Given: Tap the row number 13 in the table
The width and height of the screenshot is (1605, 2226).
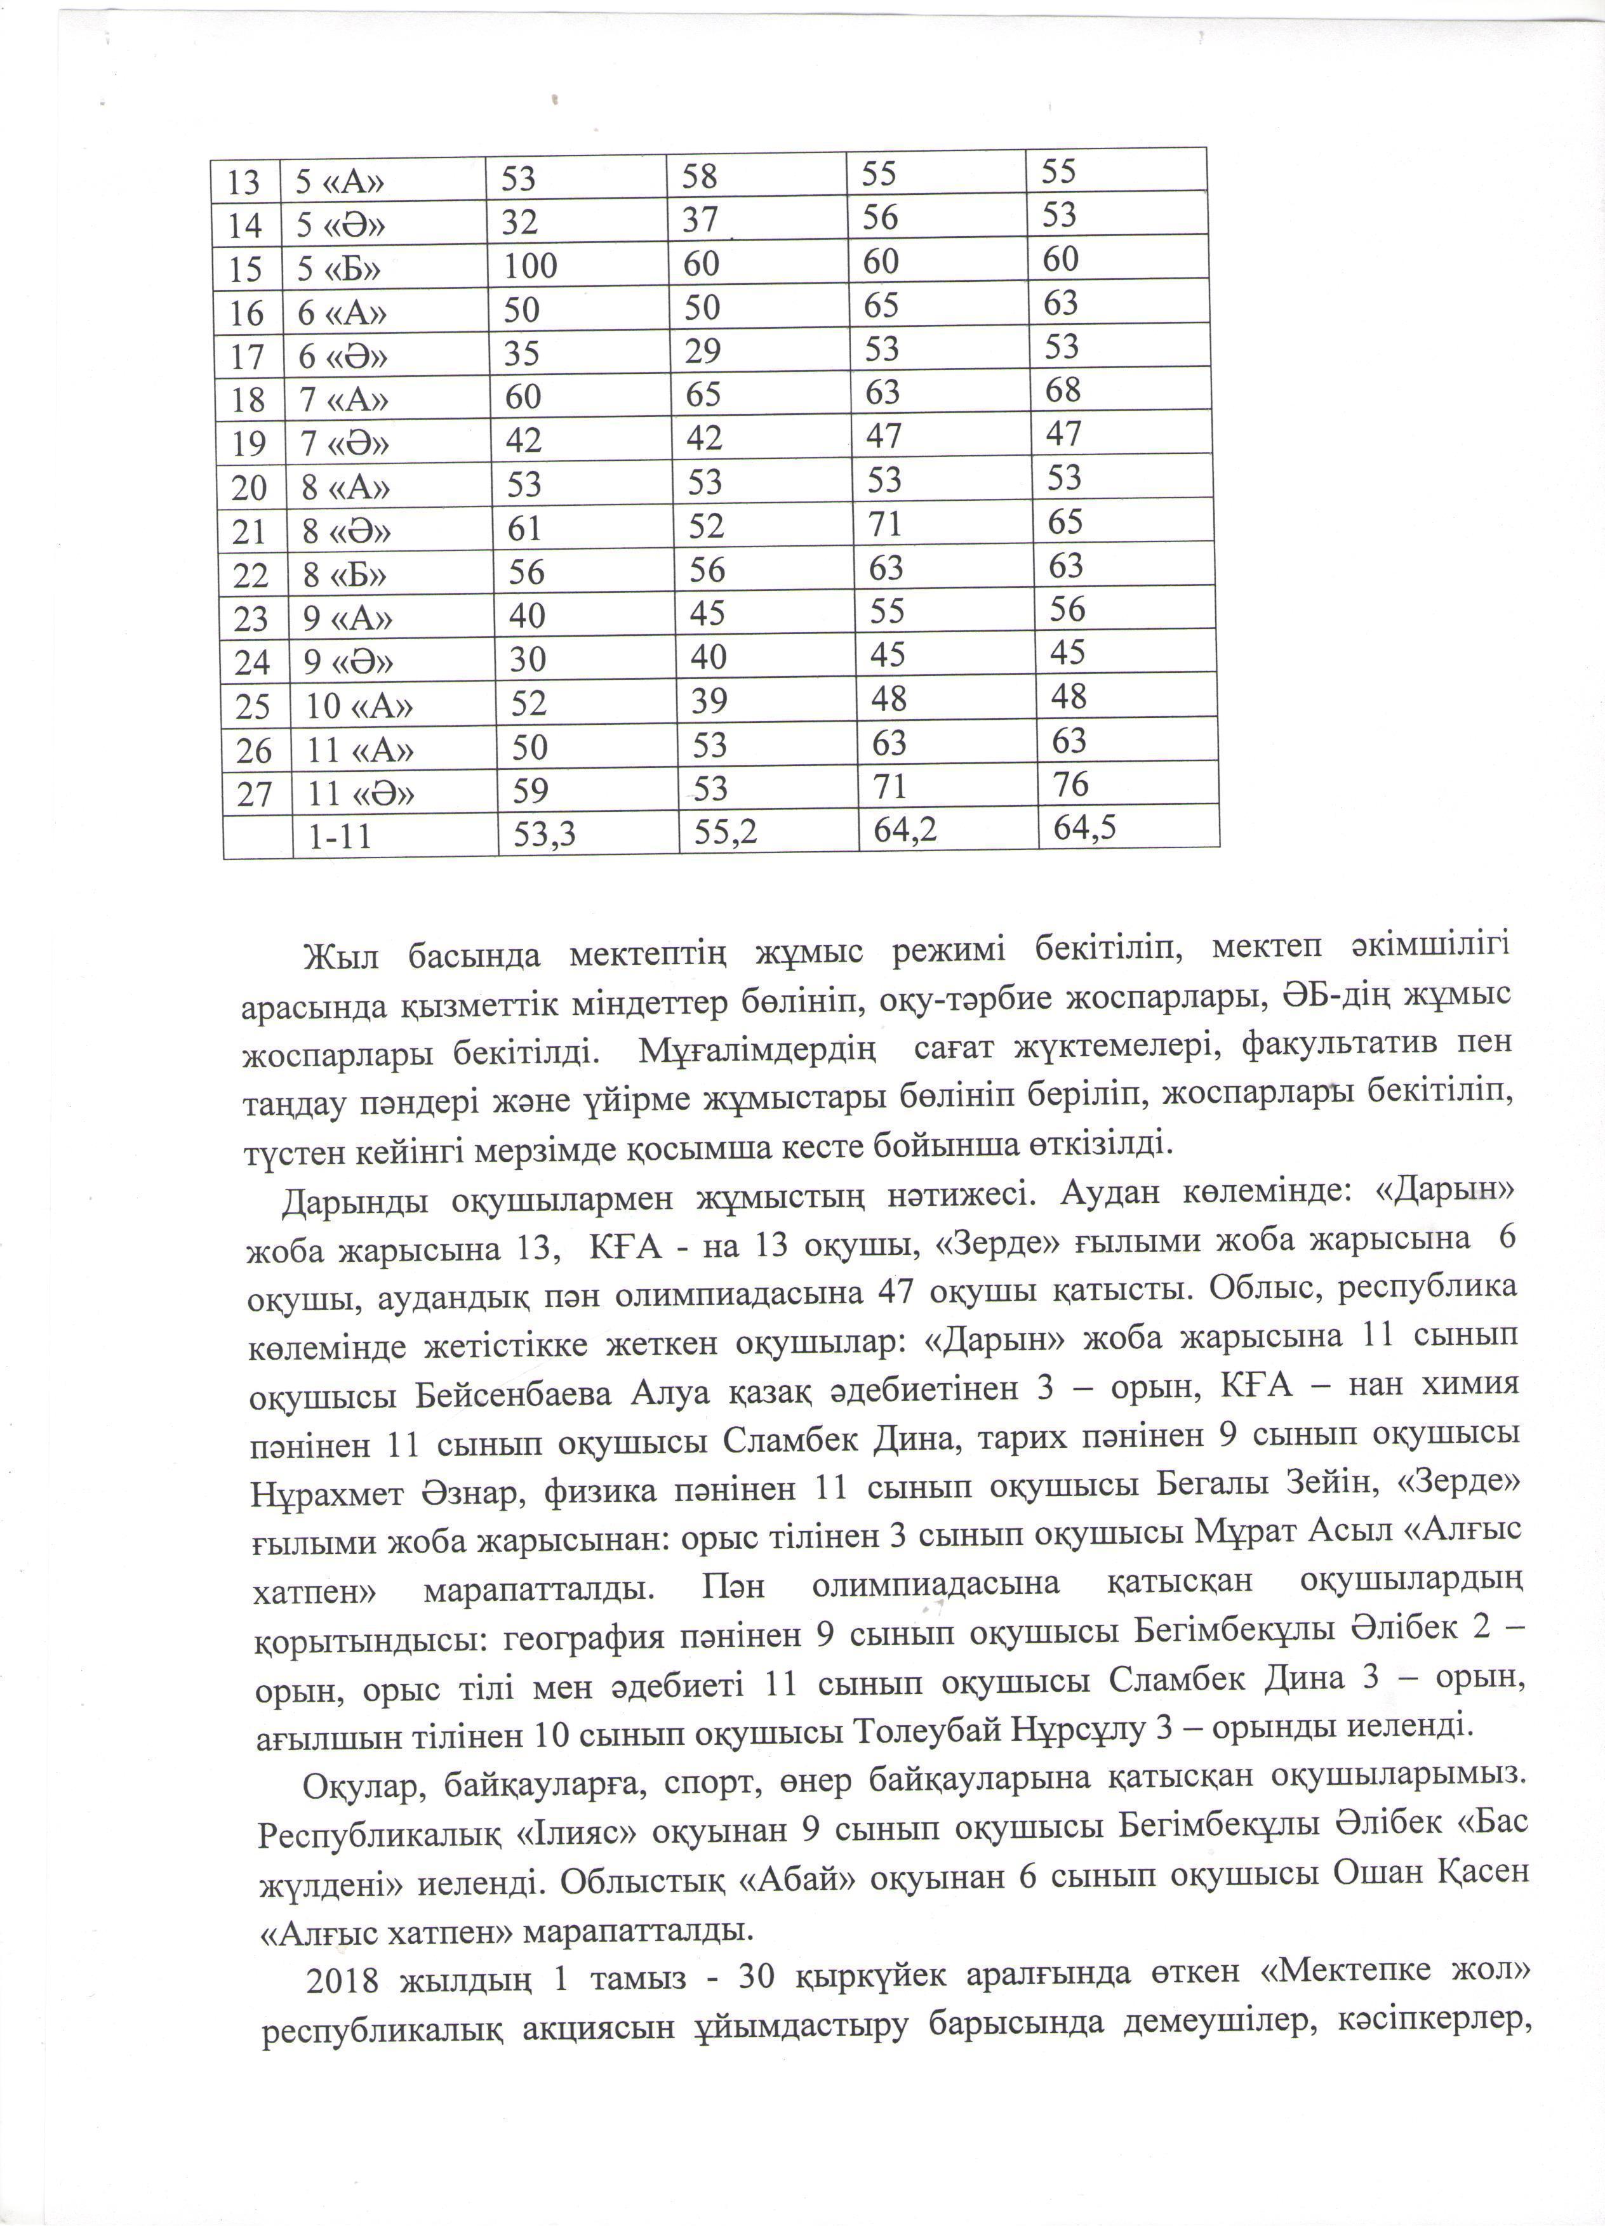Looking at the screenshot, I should pyautogui.click(x=243, y=182).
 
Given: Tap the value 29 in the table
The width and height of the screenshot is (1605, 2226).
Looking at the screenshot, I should pyautogui.click(x=704, y=350).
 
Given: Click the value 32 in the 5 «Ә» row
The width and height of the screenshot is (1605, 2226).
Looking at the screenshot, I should pyautogui.click(x=519, y=223).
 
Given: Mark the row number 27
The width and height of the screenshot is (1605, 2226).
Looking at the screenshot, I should pyautogui.click(x=253, y=793).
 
